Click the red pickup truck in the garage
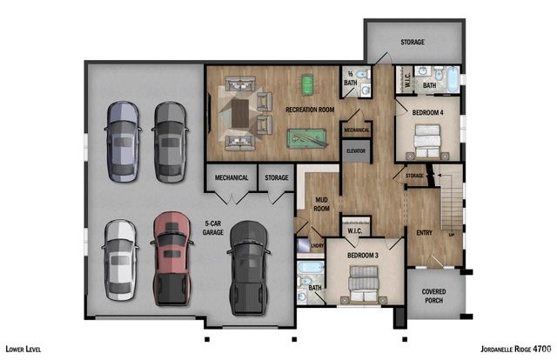[170, 258]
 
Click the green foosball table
[306, 84]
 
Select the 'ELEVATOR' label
[355, 150]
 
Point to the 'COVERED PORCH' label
[434, 296]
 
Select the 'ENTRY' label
[424, 232]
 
